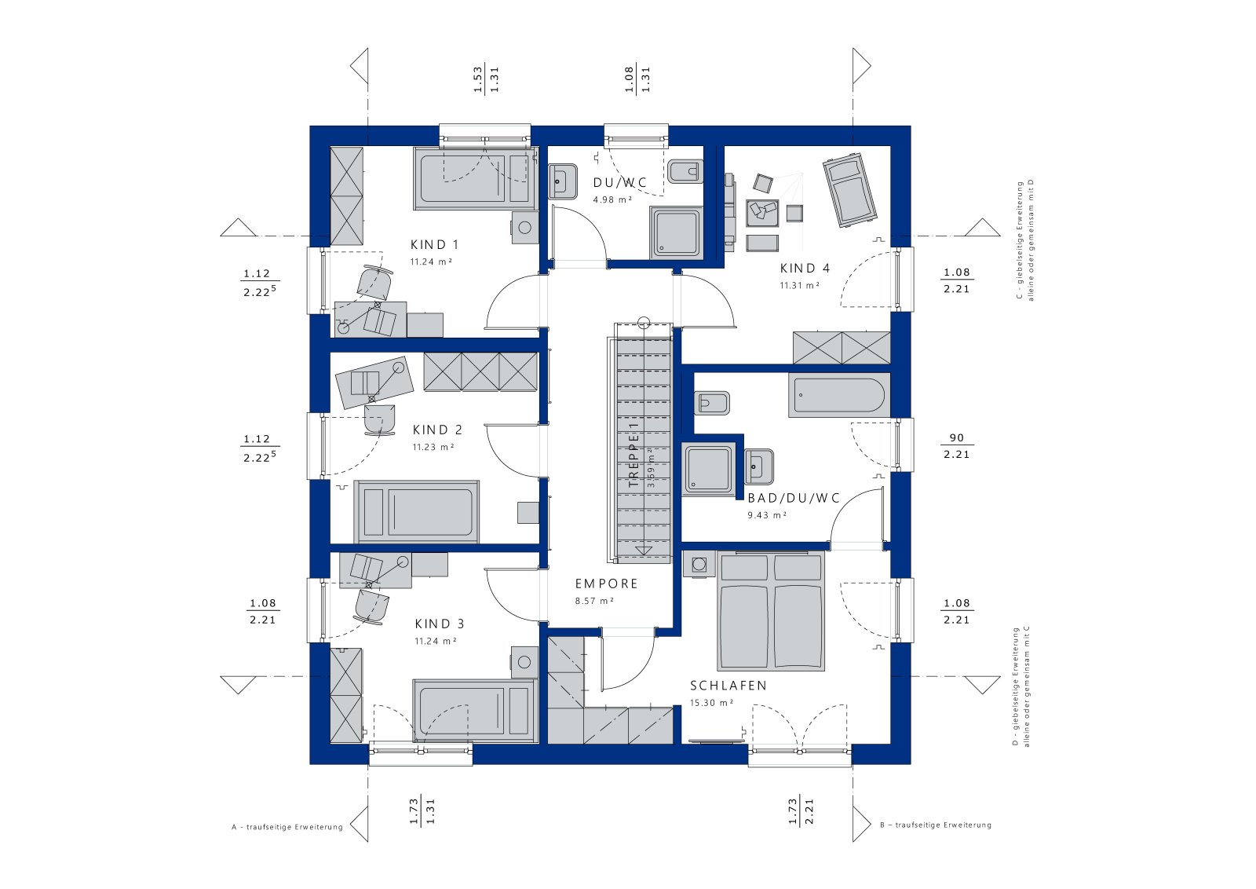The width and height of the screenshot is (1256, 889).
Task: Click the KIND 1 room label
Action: [435, 244]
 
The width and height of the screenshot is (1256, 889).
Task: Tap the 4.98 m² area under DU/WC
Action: [613, 199]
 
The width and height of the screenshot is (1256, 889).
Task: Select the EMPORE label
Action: [607, 584]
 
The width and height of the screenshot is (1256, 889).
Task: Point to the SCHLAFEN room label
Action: [728, 686]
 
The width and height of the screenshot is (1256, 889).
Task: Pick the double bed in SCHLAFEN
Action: [771, 609]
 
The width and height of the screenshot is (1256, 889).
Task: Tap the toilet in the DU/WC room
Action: [685, 172]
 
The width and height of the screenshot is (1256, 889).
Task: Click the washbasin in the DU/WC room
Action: [562, 181]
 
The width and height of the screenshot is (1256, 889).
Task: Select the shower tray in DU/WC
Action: [676, 232]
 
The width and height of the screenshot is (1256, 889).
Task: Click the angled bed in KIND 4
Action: [849, 189]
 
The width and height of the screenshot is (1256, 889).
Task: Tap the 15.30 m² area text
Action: [711, 703]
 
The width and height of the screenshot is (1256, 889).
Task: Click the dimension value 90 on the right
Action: [957, 438]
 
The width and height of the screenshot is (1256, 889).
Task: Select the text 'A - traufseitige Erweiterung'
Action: [287, 827]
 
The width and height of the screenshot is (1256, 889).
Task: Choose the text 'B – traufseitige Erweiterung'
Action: [936, 825]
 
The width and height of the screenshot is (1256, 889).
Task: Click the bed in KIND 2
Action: [416, 511]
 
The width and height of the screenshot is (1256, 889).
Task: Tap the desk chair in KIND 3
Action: [371, 608]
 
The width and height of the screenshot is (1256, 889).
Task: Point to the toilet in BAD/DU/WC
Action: [711, 404]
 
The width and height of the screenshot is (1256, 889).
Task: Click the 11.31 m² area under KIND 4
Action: [800, 285]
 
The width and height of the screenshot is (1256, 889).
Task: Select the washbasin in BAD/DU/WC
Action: [758, 466]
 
